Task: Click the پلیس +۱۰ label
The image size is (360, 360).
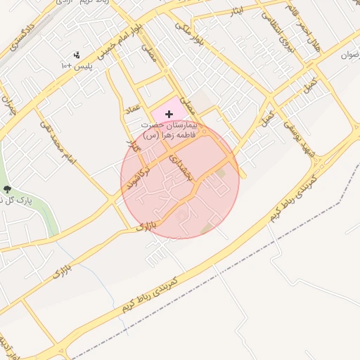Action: point(75,66)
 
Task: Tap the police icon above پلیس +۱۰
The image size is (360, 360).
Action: point(76,54)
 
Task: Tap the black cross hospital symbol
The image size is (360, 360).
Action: point(169,114)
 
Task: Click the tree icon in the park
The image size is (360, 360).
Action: point(8,189)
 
